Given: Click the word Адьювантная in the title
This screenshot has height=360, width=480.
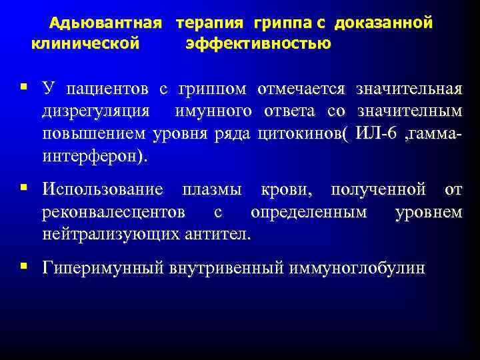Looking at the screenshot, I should [x=107, y=24].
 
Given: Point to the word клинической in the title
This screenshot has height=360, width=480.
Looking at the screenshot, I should [x=85, y=44].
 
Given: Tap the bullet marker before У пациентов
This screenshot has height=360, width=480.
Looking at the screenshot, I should [x=24, y=87].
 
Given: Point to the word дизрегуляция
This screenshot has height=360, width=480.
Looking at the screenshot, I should [x=96, y=111].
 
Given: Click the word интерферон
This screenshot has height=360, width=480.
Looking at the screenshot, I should [x=91, y=157].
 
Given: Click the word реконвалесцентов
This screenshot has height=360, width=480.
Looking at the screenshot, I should [x=113, y=213].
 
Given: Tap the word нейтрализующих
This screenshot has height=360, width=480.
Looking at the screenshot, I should [x=109, y=234].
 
